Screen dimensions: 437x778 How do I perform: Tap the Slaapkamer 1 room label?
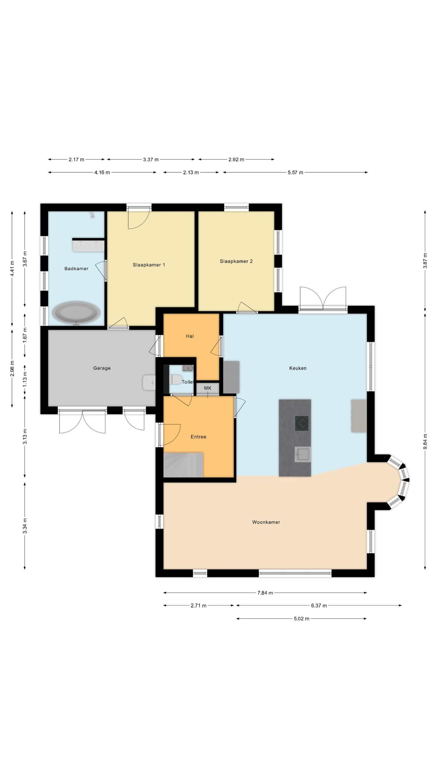click(149, 265)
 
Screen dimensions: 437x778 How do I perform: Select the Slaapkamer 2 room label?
click(236, 261)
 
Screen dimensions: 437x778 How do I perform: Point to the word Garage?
click(102, 368)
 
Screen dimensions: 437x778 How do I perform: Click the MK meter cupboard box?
click(208, 388)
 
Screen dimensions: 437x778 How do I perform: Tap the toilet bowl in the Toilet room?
click(175, 379)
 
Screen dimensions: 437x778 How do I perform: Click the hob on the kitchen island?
click(302, 423)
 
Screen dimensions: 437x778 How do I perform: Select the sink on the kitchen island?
click(303, 454)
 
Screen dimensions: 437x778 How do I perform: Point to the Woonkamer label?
click(266, 522)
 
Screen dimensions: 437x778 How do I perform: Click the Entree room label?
click(198, 437)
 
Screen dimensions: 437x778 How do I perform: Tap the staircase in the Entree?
click(183, 465)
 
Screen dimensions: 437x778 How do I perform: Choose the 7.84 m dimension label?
click(265, 593)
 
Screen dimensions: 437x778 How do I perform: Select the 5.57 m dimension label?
click(295, 172)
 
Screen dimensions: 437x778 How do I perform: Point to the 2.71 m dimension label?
click(198, 606)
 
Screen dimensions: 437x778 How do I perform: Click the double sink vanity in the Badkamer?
click(88, 246)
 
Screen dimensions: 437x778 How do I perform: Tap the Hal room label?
click(190, 336)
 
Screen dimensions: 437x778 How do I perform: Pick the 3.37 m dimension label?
click(151, 159)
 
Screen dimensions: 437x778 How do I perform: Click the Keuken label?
click(298, 368)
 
